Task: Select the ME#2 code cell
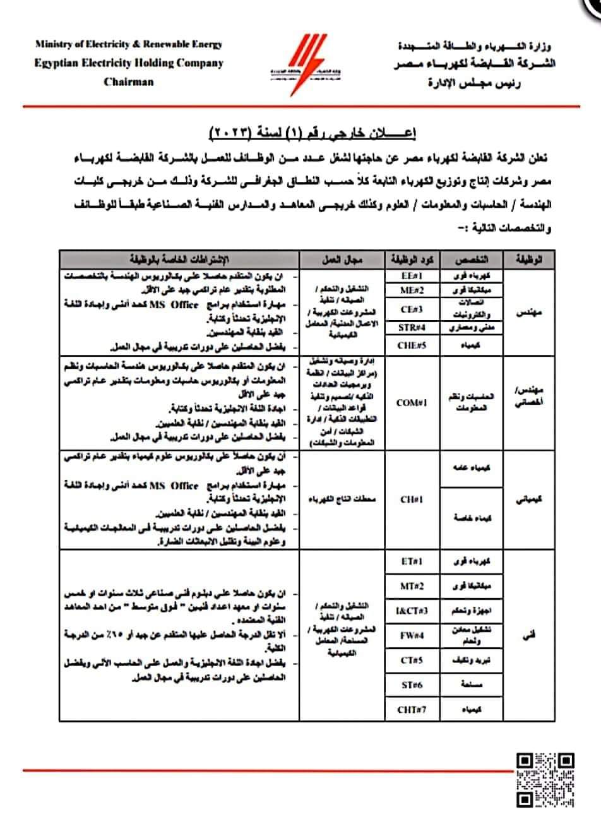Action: [x=412, y=290]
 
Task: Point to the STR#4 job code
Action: [x=412, y=327]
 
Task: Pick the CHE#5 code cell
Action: [x=412, y=345]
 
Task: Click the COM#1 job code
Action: [x=412, y=402]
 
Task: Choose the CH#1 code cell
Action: [x=412, y=499]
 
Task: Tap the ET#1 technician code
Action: [x=412, y=561]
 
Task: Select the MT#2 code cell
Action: [x=412, y=585]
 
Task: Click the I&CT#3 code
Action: [x=412, y=610]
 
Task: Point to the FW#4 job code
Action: [x=412, y=635]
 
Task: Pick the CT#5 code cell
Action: [x=412, y=660]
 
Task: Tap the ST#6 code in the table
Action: [x=412, y=685]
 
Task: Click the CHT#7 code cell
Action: [x=412, y=709]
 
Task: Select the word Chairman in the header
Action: [x=129, y=81]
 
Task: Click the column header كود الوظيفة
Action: [x=412, y=260]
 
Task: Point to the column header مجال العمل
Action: [x=342, y=260]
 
